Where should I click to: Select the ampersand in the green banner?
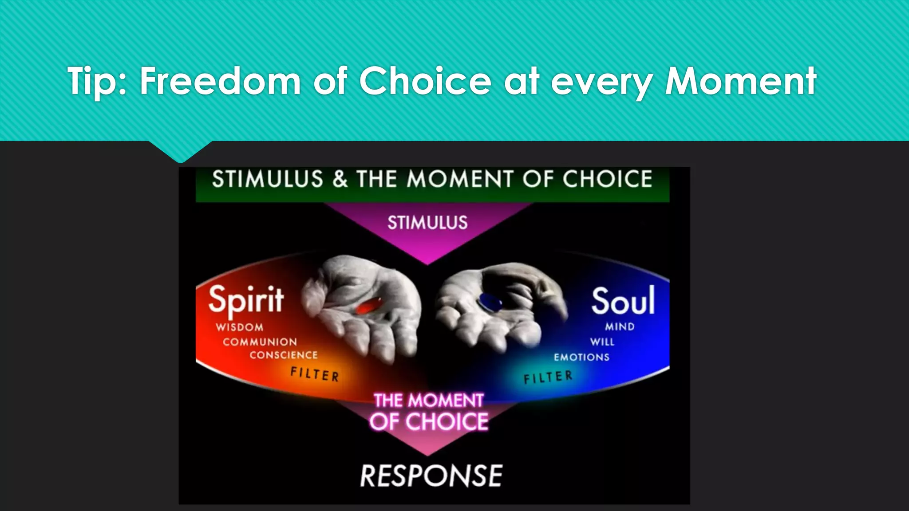click(x=340, y=179)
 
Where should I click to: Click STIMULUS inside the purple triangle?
click(x=427, y=222)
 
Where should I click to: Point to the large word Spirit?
click(x=246, y=300)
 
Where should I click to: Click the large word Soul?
click(x=623, y=301)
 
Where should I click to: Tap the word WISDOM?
click(x=240, y=327)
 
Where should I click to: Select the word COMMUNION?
click(x=260, y=342)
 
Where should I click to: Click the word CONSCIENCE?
click(x=284, y=355)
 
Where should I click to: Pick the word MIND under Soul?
click(x=620, y=327)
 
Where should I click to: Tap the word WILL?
click(x=602, y=342)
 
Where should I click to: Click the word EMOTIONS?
click(x=581, y=357)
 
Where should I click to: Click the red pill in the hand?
click(x=369, y=306)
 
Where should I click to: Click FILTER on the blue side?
click(x=548, y=377)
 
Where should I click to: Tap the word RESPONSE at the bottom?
click(x=431, y=476)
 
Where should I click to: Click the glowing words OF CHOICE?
click(x=429, y=421)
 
